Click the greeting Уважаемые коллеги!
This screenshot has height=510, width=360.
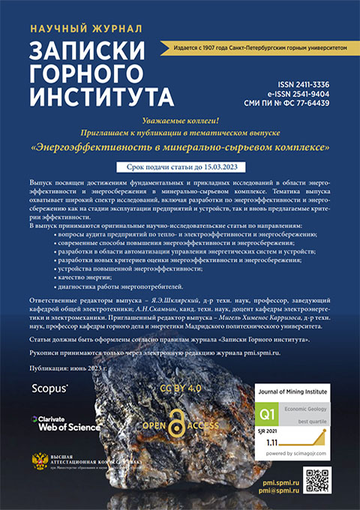pos(180,121)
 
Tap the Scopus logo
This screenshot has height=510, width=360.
pos(49,388)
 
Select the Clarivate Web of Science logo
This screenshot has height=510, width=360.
pos(65,424)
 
